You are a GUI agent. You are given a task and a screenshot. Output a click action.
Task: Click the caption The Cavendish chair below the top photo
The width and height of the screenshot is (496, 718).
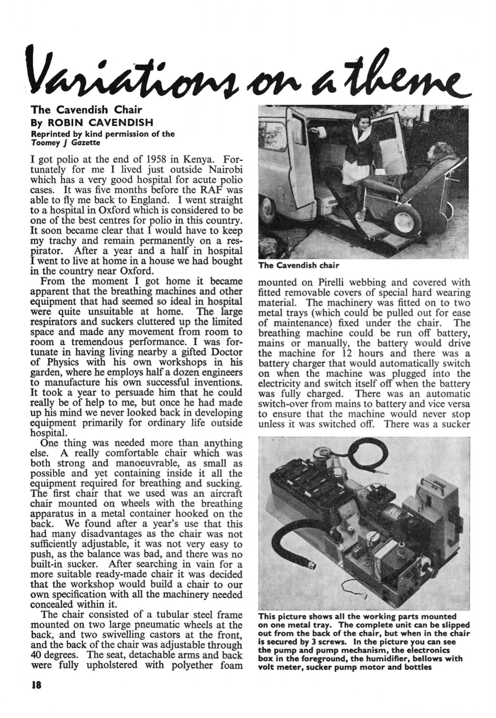(298, 266)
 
